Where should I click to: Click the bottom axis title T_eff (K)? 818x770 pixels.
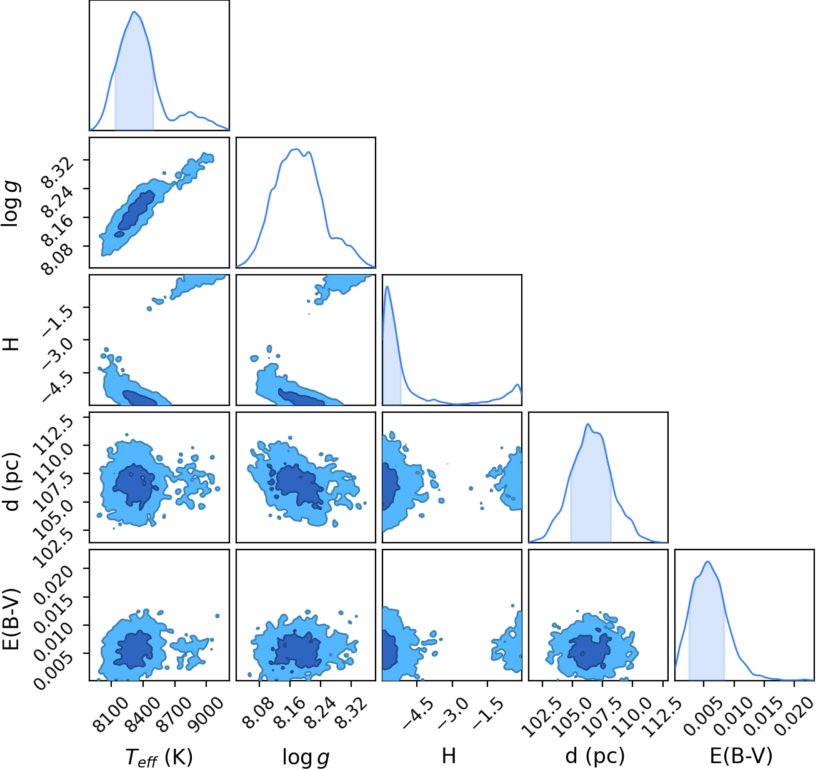(159, 756)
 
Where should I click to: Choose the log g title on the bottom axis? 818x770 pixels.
(306, 756)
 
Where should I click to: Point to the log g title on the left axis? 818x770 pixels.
(11, 204)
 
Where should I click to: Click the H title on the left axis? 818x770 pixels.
(12, 344)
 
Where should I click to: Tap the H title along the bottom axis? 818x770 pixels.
(449, 756)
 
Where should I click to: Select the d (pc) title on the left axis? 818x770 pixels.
(12, 481)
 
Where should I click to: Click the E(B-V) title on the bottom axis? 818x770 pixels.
(741, 756)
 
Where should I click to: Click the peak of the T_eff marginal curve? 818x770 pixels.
(134, 11)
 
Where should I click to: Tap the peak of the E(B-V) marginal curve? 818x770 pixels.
(708, 561)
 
